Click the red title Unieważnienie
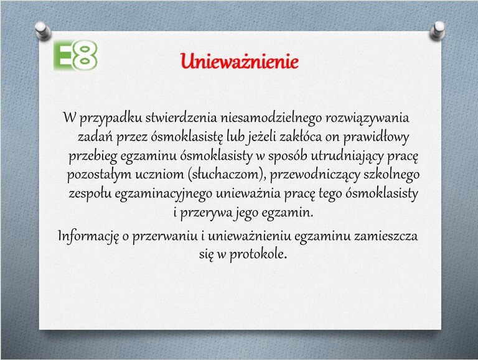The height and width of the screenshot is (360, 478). (239, 61)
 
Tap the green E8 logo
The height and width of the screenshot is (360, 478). (75, 55)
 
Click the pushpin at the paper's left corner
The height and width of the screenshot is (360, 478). (43, 31)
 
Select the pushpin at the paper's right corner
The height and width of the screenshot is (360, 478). (438, 30)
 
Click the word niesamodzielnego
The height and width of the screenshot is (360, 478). (271, 118)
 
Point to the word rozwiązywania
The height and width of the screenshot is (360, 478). (367, 118)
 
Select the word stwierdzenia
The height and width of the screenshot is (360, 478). (181, 118)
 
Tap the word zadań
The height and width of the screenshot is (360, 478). (95, 136)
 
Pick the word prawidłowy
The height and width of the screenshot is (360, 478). (376, 137)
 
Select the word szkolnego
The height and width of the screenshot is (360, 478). (391, 175)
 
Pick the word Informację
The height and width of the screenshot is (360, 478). (88, 236)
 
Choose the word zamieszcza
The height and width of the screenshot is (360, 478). (386, 236)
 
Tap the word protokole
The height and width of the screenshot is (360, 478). (258, 255)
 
